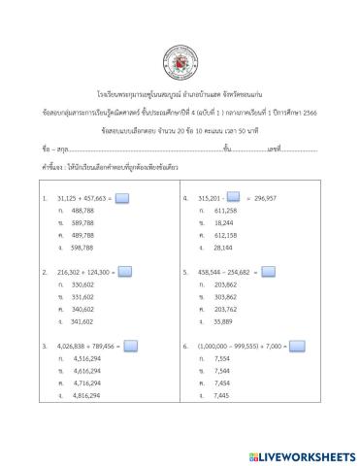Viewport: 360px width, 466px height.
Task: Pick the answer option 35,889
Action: coord(222,321)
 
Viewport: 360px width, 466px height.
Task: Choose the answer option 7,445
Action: coord(220,396)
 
